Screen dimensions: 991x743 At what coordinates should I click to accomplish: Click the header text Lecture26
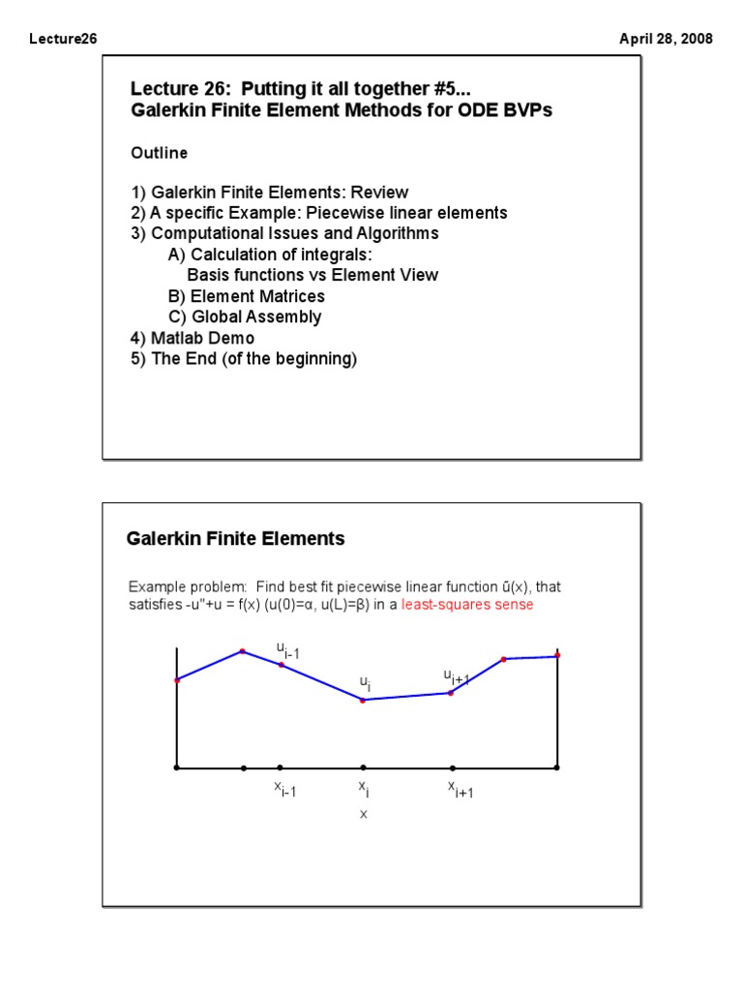(63, 39)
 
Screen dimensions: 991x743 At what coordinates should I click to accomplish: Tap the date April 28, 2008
(666, 39)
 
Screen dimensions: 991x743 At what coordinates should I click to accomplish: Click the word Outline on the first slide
(159, 153)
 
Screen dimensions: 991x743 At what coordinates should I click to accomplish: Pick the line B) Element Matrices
(246, 296)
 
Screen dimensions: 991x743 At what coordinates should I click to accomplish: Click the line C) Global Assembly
(244, 316)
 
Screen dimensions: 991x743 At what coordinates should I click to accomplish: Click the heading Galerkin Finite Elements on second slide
(235, 538)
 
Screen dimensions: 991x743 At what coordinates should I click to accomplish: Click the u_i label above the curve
(365, 682)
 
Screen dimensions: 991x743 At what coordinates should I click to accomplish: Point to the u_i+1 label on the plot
(456, 676)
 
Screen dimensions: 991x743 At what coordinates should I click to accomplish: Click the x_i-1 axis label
(284, 790)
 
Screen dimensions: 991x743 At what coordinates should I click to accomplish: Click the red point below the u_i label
(363, 700)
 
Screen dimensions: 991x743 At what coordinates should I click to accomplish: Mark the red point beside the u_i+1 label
(452, 692)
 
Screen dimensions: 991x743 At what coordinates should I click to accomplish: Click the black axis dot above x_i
(363, 768)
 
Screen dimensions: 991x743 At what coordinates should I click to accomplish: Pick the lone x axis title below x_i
(364, 815)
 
